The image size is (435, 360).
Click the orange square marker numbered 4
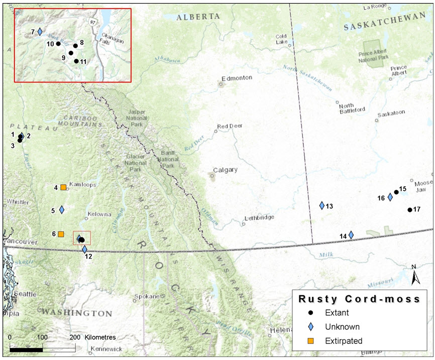coord(63,187)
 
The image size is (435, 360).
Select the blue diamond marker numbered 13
coord(322,205)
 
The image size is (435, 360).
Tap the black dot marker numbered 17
coord(409,209)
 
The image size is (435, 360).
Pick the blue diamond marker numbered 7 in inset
coord(40,32)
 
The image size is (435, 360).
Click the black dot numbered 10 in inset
coord(58,44)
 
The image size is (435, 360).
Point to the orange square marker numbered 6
coord(61,234)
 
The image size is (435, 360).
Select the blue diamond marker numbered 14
coord(351,234)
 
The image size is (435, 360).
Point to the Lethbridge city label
coord(259,217)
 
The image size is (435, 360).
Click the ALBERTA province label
coord(198,17)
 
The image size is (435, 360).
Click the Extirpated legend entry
coord(343,340)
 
